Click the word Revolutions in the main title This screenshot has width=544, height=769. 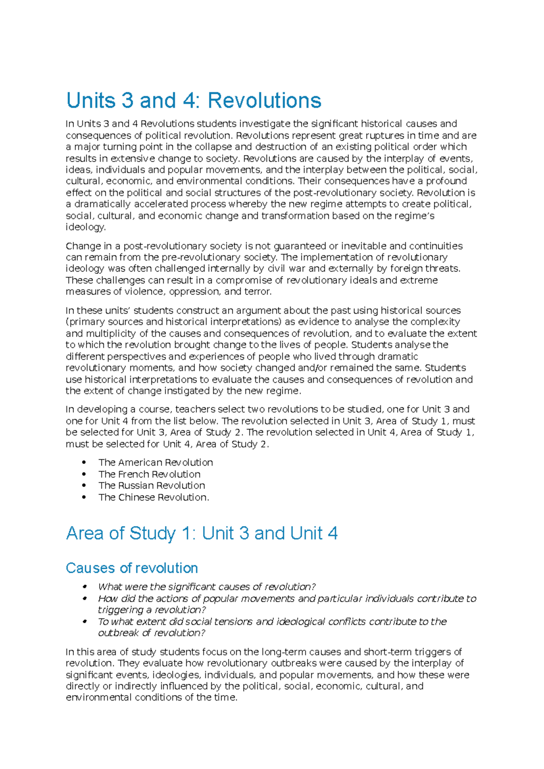click(x=264, y=101)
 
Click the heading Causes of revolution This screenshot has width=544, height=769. click(x=131, y=568)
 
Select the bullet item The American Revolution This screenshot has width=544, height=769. click(x=155, y=462)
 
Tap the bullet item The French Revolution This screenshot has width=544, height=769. click(x=149, y=474)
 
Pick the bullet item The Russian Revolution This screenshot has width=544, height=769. click(x=151, y=486)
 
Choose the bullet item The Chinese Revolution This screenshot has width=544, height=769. click(x=154, y=497)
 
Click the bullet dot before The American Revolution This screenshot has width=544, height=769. click(x=84, y=462)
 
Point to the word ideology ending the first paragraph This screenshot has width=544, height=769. click(x=85, y=227)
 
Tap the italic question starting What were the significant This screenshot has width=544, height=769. click(x=207, y=587)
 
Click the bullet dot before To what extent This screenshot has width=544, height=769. click(x=84, y=622)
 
